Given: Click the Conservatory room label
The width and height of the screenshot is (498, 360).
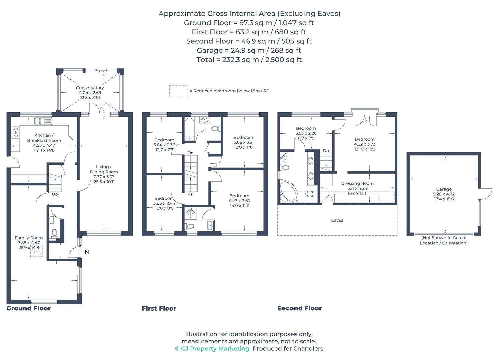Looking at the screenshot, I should tap(90, 88).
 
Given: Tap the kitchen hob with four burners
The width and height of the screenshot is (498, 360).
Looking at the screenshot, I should tap(15, 132).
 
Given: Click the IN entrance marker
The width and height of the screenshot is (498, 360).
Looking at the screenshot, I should tap(85, 252).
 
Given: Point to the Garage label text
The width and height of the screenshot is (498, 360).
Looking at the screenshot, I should tap(444, 189).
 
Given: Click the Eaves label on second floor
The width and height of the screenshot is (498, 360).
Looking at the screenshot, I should tap(337, 220).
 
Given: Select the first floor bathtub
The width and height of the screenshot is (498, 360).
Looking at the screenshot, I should tap(188, 129).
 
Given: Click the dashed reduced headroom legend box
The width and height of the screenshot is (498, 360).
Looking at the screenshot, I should tap(178, 91).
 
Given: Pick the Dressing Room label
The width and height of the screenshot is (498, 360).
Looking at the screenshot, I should tap(357, 183).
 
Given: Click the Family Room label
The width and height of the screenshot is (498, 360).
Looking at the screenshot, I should tap(29, 238).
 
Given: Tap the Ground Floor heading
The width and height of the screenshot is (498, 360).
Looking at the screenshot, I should tap(29, 308).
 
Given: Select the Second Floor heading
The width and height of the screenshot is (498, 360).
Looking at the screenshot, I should tap(299, 308).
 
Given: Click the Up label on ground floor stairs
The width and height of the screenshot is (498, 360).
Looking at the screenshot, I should tap(55, 194).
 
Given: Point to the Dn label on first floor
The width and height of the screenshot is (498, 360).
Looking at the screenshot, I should tap(190, 153).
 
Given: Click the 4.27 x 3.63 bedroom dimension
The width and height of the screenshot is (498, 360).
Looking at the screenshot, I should tap(239, 201).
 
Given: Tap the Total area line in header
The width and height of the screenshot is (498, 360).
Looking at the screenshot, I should tap(249, 60).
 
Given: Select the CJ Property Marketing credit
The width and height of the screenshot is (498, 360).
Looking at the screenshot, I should tap(212, 349).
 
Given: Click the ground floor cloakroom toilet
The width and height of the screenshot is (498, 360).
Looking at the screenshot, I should tap(54, 233).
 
